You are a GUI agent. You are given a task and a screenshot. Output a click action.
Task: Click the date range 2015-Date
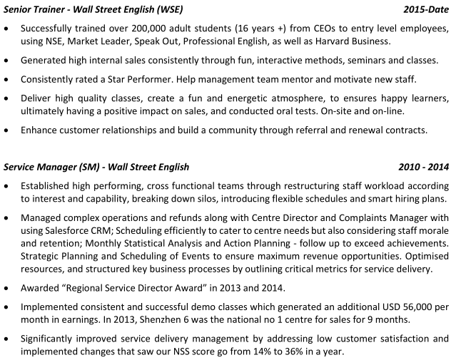click(425, 11)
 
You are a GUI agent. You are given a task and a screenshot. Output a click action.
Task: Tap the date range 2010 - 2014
click(424, 168)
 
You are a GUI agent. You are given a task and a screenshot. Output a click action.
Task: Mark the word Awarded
click(41, 288)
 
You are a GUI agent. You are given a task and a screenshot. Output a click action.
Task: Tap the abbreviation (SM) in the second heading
click(86, 168)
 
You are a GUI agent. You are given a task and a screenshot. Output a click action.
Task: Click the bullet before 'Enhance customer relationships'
click(7, 130)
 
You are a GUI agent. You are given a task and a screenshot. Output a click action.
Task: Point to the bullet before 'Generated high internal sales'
click(7, 61)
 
